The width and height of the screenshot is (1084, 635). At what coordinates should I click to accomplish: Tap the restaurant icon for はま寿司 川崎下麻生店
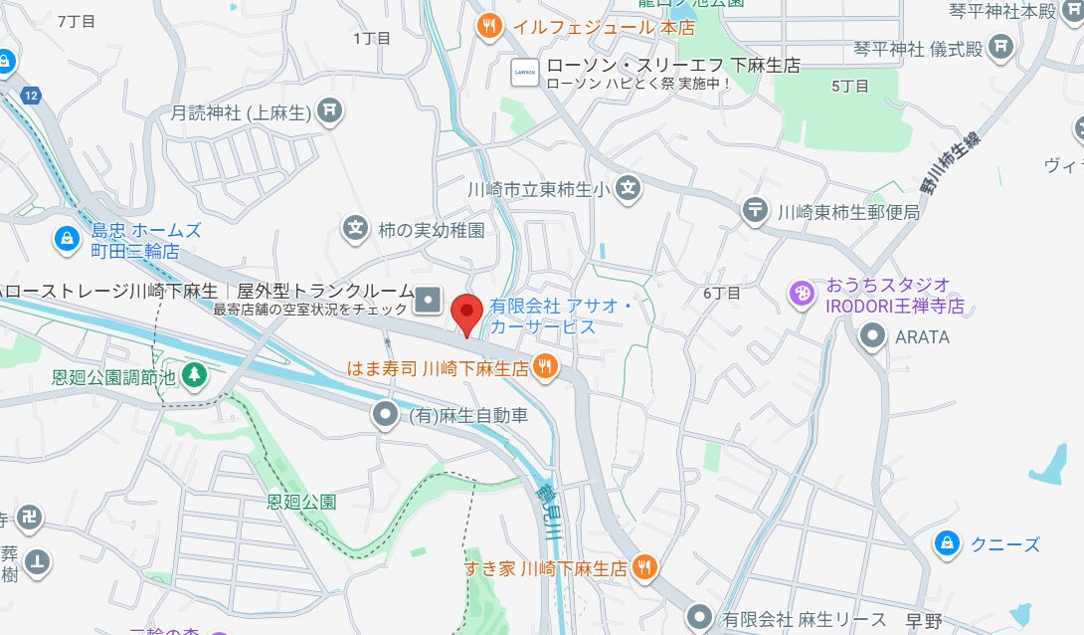tap(544, 366)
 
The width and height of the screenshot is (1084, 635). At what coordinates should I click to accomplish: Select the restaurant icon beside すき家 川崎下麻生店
tap(644, 567)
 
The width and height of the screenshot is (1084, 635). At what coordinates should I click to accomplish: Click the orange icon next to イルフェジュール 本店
tap(488, 26)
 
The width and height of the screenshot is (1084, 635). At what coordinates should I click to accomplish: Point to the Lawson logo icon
tap(524, 72)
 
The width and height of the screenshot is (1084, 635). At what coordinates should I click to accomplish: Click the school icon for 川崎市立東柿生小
tap(627, 187)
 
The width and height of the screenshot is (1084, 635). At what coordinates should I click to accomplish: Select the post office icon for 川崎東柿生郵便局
tap(756, 210)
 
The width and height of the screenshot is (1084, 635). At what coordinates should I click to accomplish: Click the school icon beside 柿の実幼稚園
tap(355, 229)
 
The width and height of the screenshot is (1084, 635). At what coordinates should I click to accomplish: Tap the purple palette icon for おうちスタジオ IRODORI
tap(802, 294)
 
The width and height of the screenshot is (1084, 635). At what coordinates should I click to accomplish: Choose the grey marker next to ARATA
tap(873, 336)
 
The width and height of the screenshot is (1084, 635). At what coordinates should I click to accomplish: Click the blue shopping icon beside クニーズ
tap(947, 543)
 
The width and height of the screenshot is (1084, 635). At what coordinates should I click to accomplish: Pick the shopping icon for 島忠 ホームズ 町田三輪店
tap(67, 239)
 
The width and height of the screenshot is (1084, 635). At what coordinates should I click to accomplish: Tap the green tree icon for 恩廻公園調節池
tap(195, 375)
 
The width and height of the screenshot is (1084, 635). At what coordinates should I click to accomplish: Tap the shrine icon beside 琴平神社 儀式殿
tap(1001, 46)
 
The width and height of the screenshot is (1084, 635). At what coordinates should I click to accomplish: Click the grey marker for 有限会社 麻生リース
tap(700, 618)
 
